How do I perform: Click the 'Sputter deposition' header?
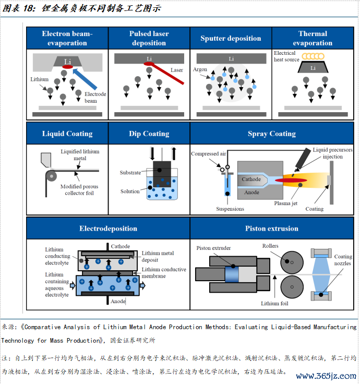231,38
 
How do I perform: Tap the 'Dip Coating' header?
149,134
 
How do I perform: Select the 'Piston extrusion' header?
272,229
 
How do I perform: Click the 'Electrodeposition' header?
108,229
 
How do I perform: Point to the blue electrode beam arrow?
85,79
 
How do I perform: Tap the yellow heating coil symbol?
313,56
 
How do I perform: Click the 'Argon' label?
200,69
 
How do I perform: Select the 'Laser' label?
176,70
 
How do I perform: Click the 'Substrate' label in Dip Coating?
130,173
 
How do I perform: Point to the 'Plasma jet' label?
285,203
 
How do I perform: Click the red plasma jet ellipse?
291,181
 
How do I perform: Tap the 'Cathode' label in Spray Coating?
251,179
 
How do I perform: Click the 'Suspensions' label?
230,209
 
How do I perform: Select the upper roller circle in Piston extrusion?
292,262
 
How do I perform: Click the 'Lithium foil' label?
274,304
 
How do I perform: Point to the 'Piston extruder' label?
213,248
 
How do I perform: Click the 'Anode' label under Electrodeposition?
118,301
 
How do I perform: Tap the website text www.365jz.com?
326,376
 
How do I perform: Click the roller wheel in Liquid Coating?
51,176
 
